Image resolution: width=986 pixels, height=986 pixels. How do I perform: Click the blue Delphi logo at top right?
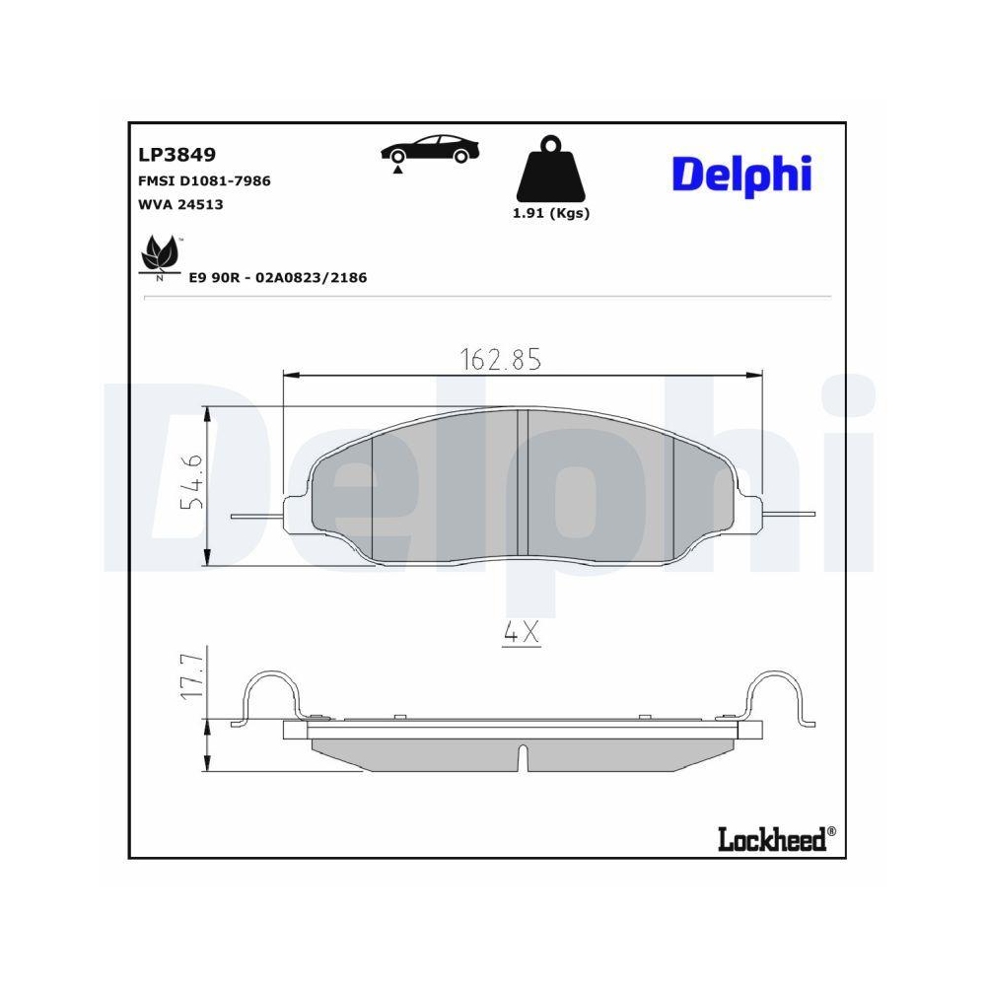[741, 175]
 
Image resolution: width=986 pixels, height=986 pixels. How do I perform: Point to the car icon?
[431, 149]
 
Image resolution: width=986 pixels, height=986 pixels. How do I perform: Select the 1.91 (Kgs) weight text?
[551, 213]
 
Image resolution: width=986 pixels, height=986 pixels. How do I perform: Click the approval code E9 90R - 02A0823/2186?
[278, 278]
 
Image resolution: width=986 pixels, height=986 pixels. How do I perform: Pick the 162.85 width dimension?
[501, 360]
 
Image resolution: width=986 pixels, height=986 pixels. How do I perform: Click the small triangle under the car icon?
[397, 171]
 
